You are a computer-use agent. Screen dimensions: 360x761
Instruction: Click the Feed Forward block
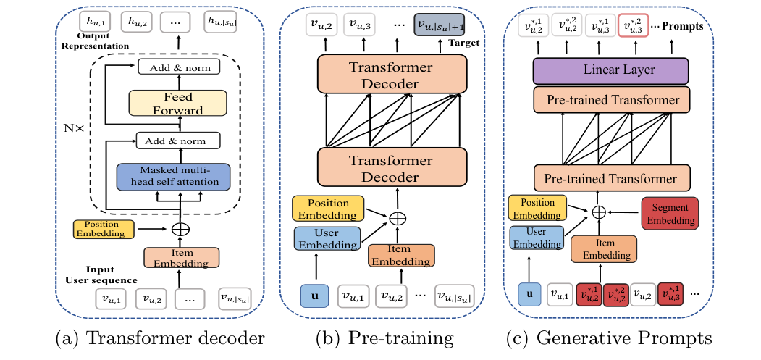176,103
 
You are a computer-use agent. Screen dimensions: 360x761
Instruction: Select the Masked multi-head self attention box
173,176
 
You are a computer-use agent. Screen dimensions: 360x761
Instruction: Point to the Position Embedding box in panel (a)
104,229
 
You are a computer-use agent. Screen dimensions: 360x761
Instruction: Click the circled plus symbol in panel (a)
178,229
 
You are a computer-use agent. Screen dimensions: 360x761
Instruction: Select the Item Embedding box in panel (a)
180,257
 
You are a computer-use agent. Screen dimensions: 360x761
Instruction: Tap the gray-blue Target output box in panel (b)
438,25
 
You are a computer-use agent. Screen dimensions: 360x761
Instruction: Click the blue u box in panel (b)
314,295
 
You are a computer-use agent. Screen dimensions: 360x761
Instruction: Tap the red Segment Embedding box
670,213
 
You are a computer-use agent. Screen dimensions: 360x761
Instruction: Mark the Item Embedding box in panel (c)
604,248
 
